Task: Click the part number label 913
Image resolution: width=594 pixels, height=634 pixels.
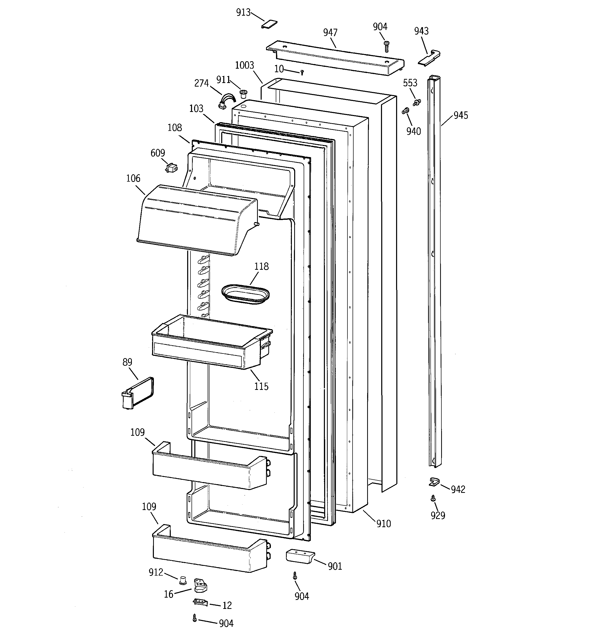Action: point(243,13)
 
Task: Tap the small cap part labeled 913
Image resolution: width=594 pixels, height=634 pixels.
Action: point(269,25)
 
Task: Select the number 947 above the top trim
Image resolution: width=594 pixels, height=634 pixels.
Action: point(330,33)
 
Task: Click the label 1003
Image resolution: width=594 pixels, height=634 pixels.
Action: point(245,65)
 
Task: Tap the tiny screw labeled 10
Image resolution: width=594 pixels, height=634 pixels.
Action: point(302,73)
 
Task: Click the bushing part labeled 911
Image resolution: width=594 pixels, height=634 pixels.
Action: point(243,94)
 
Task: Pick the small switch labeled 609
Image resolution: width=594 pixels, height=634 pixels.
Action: point(172,168)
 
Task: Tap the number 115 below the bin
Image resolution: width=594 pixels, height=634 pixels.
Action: point(261,387)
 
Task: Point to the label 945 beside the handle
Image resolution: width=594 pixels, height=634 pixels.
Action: point(461,116)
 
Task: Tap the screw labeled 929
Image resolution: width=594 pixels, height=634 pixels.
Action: point(433,498)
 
